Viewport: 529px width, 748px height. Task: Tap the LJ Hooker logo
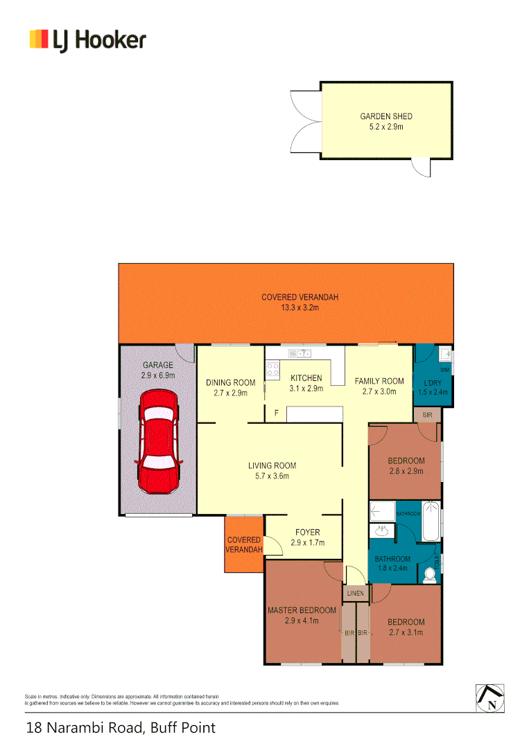click(88, 39)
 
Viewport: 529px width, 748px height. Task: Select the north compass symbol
click(490, 697)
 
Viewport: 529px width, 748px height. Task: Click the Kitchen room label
click(306, 378)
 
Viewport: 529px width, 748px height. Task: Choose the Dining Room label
click(231, 382)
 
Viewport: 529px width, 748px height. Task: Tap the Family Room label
click(379, 381)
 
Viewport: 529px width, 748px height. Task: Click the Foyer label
click(306, 533)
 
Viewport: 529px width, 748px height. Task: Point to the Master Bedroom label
click(302, 610)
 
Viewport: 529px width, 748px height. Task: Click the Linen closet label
click(354, 594)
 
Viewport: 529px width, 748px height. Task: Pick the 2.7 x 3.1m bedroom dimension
click(406, 632)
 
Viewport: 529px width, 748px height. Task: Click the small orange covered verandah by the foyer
click(244, 544)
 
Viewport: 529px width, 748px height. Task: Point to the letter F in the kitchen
click(277, 413)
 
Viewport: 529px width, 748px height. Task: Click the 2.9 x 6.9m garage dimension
click(157, 375)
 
